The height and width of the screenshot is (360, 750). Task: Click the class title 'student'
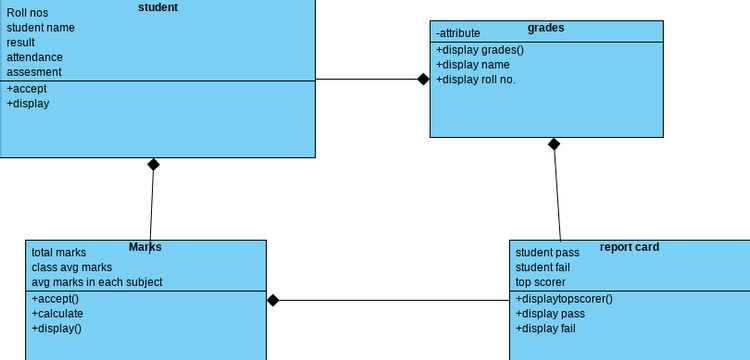pos(157,7)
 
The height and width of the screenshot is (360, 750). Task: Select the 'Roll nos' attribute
pos(28,13)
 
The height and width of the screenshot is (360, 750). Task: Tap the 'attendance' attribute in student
pos(35,57)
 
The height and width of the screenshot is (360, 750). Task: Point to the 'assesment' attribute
pos(35,72)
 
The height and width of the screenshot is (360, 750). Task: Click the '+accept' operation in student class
pos(27,88)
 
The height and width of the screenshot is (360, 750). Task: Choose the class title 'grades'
pos(546,28)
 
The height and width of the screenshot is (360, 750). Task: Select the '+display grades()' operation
pos(480,50)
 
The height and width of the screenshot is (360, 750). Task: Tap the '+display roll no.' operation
pos(476,80)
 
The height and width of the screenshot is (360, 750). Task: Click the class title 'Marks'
pos(145,247)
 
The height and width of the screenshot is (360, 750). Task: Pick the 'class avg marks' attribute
pos(72,267)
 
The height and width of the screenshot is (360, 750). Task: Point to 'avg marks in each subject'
pos(97,282)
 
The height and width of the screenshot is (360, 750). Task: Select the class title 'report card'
pos(629,247)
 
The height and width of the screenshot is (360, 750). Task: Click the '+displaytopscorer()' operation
pos(564,298)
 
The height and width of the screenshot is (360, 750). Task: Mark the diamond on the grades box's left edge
pos(424,79)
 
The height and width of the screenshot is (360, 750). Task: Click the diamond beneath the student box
pos(153,164)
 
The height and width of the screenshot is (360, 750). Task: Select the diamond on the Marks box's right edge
pos(272,299)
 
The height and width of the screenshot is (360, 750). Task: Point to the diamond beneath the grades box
pos(554,143)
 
